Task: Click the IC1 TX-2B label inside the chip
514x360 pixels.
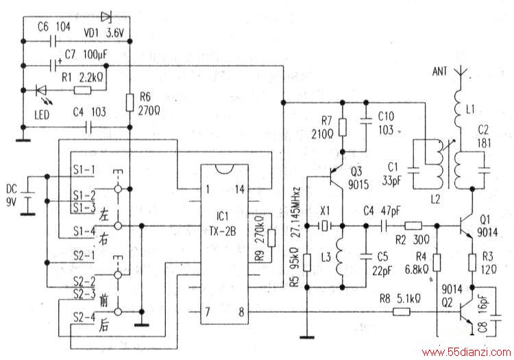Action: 222,224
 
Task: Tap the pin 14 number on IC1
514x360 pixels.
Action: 240,189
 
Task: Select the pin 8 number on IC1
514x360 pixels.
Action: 241,312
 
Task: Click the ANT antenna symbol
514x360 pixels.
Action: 461,74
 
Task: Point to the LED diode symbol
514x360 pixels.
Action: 42,90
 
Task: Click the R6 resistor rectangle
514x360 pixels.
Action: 130,102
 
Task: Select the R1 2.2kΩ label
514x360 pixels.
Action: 83,77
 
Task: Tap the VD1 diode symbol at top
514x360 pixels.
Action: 106,16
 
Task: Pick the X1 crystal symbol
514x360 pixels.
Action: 325,226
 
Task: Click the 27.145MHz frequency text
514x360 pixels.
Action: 296,212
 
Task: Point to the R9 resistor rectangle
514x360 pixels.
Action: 271,238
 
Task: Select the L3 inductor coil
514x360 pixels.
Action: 340,257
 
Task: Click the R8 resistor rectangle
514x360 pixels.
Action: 402,311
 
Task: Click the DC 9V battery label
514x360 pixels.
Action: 12,195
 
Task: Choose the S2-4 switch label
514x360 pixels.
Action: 84,317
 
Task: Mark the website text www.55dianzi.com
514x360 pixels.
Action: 467,352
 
